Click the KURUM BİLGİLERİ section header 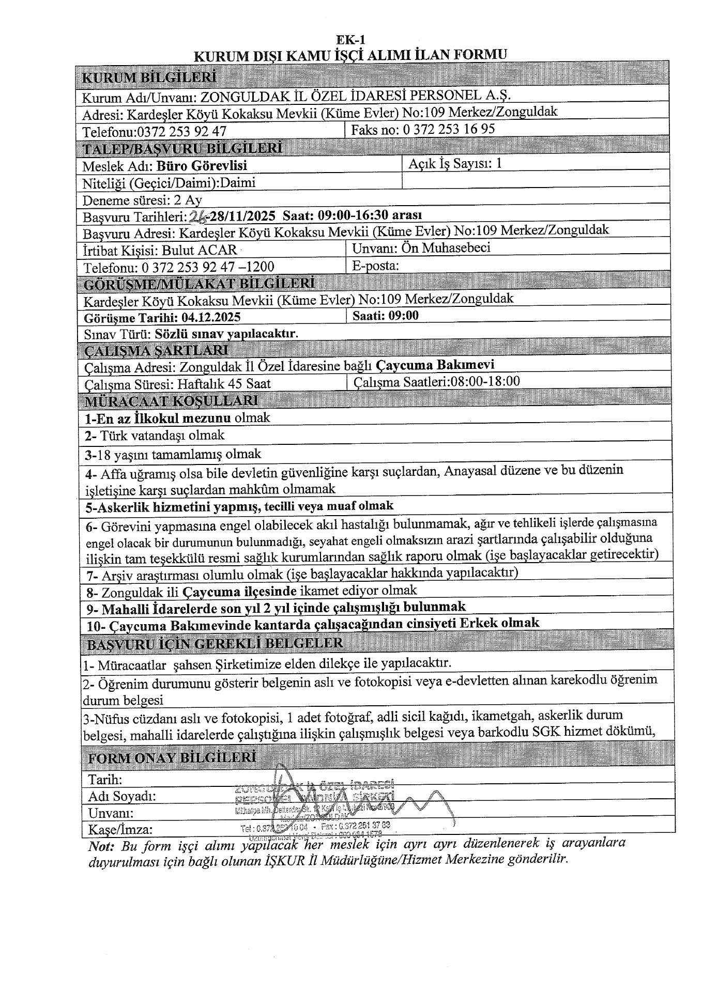(x=149, y=78)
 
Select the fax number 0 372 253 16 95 (x=448, y=129)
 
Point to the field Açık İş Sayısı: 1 (x=455, y=164)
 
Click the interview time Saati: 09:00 (x=385, y=316)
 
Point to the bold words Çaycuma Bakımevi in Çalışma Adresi (x=435, y=365)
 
